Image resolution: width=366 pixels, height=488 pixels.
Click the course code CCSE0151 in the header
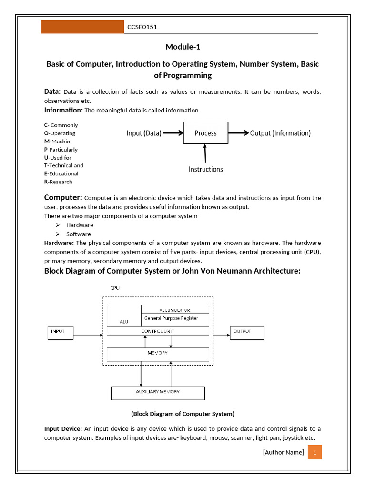coord(142,27)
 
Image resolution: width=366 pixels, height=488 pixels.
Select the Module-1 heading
coord(183,46)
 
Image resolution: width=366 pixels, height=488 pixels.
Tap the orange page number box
coord(315,452)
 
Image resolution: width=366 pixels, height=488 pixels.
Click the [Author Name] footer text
coord(283,452)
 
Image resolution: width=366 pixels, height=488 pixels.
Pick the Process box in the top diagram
coord(206,133)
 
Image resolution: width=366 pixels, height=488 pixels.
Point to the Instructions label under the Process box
coord(205,169)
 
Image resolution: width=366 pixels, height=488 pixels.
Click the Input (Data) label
coord(144,133)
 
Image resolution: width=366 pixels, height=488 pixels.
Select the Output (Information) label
coord(280,133)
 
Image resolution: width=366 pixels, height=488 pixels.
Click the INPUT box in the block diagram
coord(61,333)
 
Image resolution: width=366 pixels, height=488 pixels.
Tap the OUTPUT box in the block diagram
coord(247,333)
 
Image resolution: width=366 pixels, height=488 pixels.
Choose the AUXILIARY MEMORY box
coord(158,393)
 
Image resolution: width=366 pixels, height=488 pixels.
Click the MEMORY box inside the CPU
coord(158,354)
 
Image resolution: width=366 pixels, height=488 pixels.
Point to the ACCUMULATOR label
coord(174,310)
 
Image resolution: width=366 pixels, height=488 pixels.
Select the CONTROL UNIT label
coord(158,331)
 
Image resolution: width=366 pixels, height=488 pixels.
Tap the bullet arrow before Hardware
coord(57,225)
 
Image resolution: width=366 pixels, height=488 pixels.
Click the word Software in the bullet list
coord(79,234)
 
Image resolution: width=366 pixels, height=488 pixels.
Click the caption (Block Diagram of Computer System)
coord(183,413)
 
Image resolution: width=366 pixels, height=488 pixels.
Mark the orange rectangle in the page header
coord(82,27)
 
